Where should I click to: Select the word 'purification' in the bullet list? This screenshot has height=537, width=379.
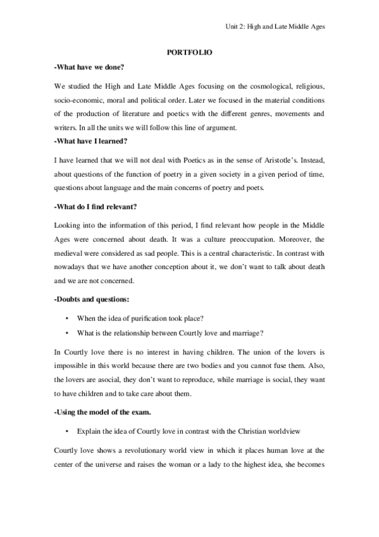coord(149,317)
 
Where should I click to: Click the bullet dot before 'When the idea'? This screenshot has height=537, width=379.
coord(67,317)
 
